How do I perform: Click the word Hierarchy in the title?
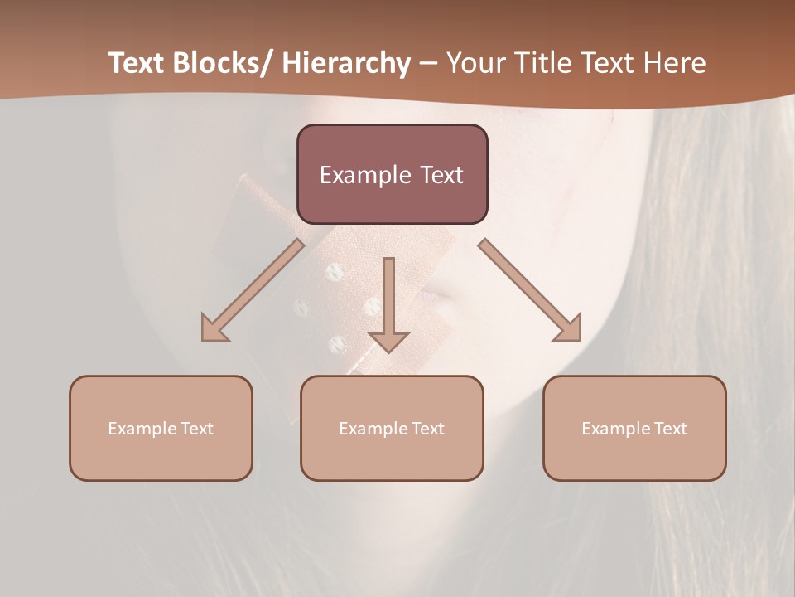(x=346, y=63)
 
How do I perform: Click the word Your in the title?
(x=474, y=63)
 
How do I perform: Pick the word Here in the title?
(x=672, y=63)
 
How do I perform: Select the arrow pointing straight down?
(x=389, y=303)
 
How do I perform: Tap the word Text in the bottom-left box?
(x=198, y=429)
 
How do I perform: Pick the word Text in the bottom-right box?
(x=672, y=429)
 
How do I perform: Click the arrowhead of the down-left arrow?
(x=214, y=329)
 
